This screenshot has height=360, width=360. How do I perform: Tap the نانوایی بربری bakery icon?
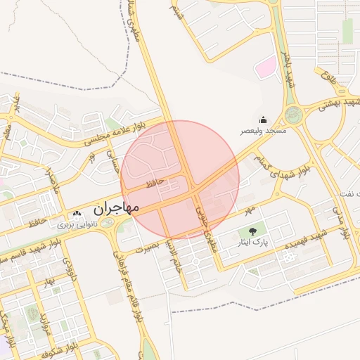(x=77, y=214)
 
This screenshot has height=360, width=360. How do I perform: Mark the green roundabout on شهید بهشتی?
(x=294, y=114)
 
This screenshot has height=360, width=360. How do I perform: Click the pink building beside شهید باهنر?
(x=265, y=69)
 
